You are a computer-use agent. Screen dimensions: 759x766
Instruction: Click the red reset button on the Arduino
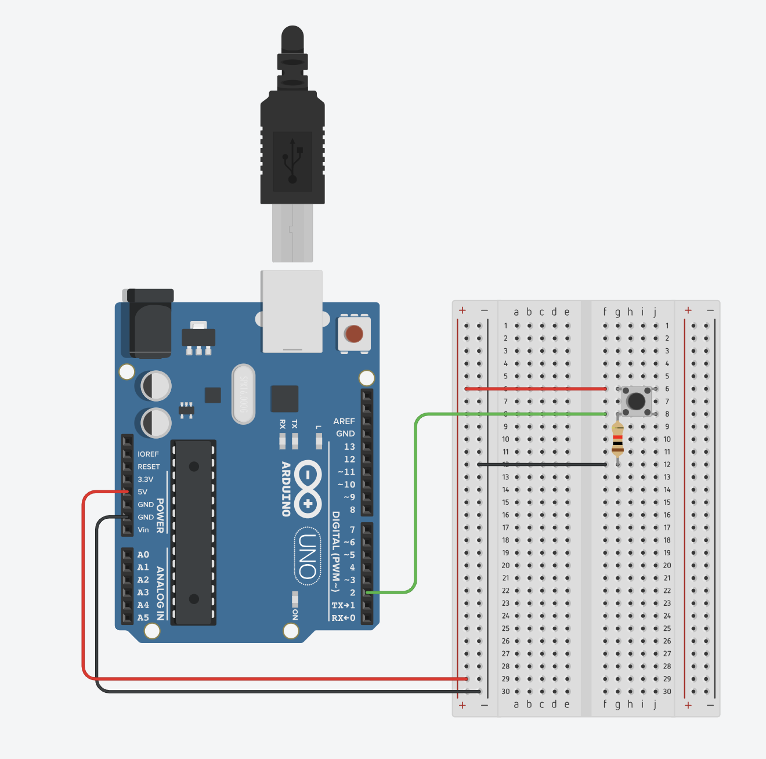(x=353, y=334)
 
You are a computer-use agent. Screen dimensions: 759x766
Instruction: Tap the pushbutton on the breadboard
(x=637, y=401)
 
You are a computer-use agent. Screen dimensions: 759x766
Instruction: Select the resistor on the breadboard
(x=617, y=439)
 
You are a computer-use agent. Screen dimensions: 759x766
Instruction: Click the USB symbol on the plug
(x=292, y=161)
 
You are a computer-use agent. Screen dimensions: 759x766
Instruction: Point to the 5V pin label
(x=143, y=492)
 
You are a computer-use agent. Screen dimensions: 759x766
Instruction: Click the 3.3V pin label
(x=146, y=479)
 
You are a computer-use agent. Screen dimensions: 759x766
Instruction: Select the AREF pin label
(x=344, y=421)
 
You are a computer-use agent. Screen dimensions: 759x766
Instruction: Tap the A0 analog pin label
(x=143, y=555)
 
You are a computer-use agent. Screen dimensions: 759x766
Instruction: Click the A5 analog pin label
(x=143, y=618)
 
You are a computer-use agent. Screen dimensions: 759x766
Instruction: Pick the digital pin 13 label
(x=349, y=447)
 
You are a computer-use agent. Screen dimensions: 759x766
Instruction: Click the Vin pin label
(x=143, y=530)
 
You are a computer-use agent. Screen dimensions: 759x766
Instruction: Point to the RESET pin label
(x=149, y=467)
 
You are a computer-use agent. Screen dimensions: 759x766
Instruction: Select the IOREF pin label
(x=148, y=454)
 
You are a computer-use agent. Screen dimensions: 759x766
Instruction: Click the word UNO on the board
(x=308, y=556)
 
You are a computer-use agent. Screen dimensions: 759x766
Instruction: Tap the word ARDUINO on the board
(x=286, y=489)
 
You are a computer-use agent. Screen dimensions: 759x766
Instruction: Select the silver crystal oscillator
(x=243, y=395)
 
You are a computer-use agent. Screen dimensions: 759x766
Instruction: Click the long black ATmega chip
(x=194, y=532)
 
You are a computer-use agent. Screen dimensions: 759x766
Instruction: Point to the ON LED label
(x=295, y=614)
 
